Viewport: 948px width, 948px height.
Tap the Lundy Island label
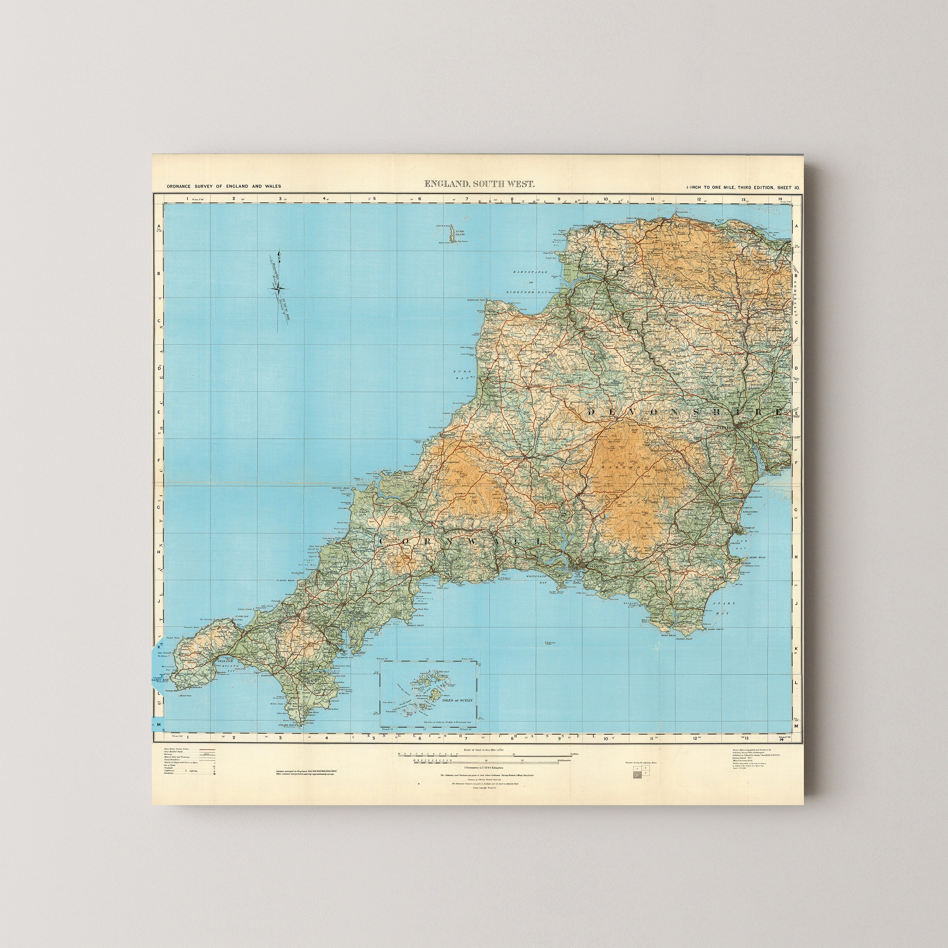coord(460,233)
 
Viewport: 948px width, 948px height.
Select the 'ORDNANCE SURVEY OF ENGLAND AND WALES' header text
coord(224,186)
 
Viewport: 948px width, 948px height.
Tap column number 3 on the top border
coord(280,199)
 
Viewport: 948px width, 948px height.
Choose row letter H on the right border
coord(796,557)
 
